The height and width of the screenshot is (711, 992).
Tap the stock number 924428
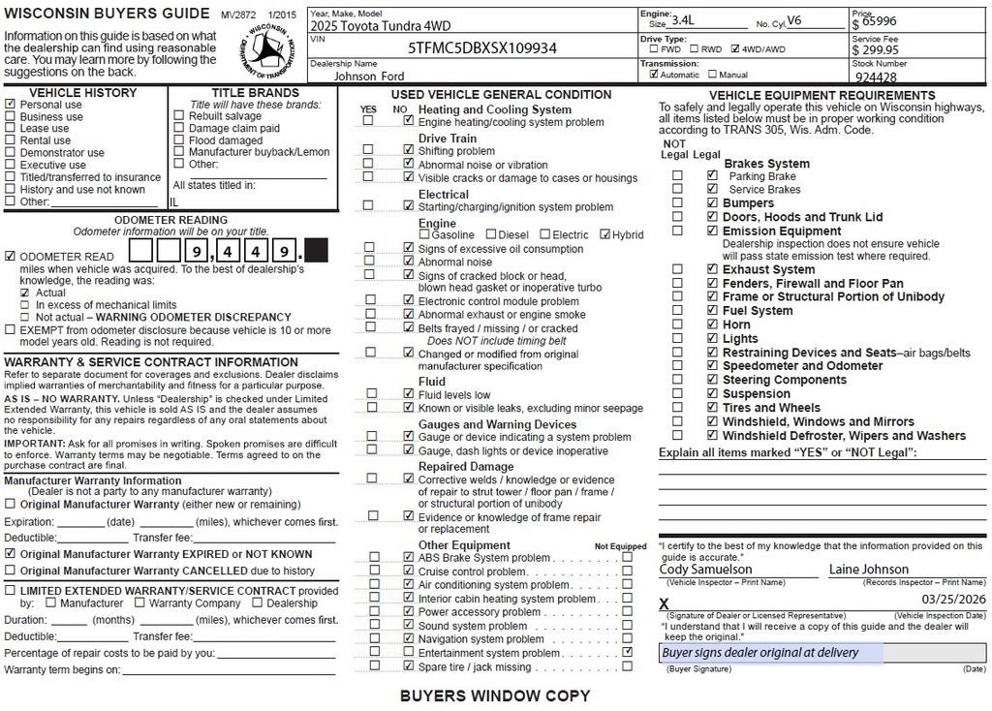click(876, 77)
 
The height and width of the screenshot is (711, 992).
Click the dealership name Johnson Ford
click(369, 76)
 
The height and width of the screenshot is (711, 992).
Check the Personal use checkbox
click(11, 105)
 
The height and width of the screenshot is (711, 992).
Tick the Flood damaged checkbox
click(178, 140)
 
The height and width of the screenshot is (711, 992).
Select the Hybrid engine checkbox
click(605, 234)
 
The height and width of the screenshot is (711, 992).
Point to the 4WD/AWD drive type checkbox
click(736, 48)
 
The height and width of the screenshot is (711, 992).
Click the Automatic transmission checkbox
click(654, 74)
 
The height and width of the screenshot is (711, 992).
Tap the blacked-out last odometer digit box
click(316, 251)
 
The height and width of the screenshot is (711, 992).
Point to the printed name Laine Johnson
click(869, 570)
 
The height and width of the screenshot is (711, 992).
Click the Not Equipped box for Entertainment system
click(628, 653)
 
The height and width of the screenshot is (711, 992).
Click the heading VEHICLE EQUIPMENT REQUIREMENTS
click(821, 95)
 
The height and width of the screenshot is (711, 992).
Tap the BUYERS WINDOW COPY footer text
click(495, 696)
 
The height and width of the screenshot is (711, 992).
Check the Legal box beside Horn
click(712, 325)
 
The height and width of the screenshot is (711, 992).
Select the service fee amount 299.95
click(876, 49)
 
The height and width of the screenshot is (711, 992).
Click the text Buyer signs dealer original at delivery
click(759, 653)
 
